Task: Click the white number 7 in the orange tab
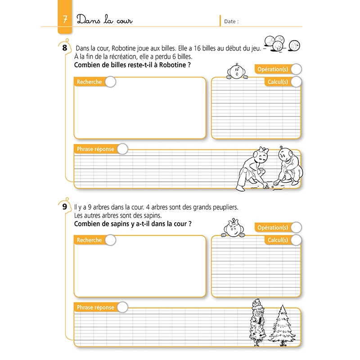tap(66, 20)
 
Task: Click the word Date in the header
tap(231, 21)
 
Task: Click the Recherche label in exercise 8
tap(89, 82)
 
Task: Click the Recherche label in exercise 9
tap(89, 240)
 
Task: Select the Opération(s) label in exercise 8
tap(272, 69)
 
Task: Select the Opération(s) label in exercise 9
tap(272, 228)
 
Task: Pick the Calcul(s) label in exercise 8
tap(277, 82)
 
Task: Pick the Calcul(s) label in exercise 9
tap(277, 240)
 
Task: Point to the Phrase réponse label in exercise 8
tap(95, 149)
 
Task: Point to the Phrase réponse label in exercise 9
tap(95, 307)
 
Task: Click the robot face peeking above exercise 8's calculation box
tap(236, 72)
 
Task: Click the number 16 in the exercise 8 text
tap(196, 48)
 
